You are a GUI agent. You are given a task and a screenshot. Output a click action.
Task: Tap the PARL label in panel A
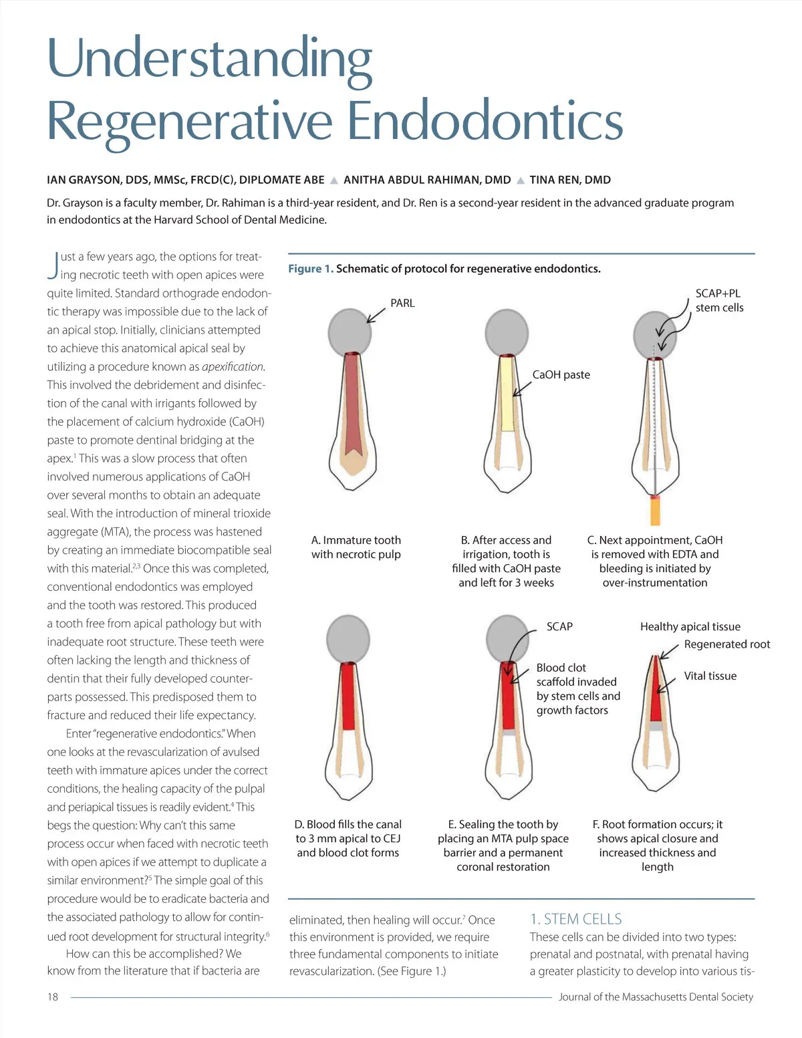(x=402, y=303)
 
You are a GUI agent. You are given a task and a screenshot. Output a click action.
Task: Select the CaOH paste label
(x=561, y=374)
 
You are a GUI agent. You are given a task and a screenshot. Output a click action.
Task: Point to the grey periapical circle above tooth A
(x=350, y=332)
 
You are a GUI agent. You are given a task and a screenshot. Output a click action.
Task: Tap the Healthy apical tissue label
(x=690, y=626)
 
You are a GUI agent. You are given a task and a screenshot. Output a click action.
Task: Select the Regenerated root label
(x=726, y=644)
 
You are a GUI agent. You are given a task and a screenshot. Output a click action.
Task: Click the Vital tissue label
(x=710, y=676)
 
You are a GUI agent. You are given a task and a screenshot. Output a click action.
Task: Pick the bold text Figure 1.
(x=310, y=269)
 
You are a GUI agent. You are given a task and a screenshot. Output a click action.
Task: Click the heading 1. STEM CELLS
(x=575, y=919)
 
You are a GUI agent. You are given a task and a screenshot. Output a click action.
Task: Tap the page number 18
(x=53, y=997)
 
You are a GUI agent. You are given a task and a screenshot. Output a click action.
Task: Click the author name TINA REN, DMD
(x=569, y=180)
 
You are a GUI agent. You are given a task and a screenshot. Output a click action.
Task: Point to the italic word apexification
(x=233, y=366)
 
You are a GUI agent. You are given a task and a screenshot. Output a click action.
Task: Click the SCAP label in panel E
(x=559, y=626)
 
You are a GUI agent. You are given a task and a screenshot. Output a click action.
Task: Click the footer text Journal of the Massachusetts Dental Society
(x=656, y=997)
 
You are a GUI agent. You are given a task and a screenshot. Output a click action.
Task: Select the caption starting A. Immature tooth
(x=356, y=547)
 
